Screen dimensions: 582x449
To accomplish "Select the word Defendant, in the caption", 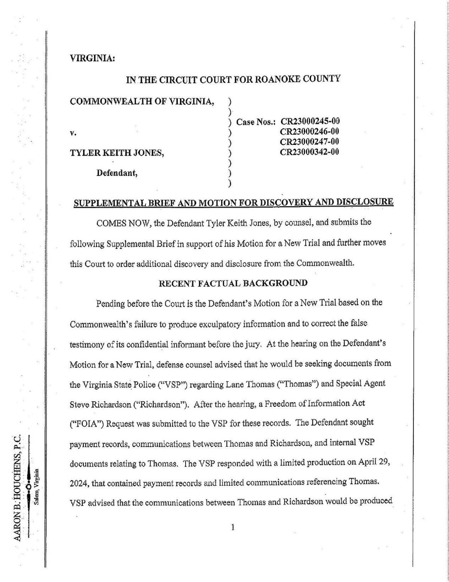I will (117, 173).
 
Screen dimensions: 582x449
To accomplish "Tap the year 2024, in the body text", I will (79, 482).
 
